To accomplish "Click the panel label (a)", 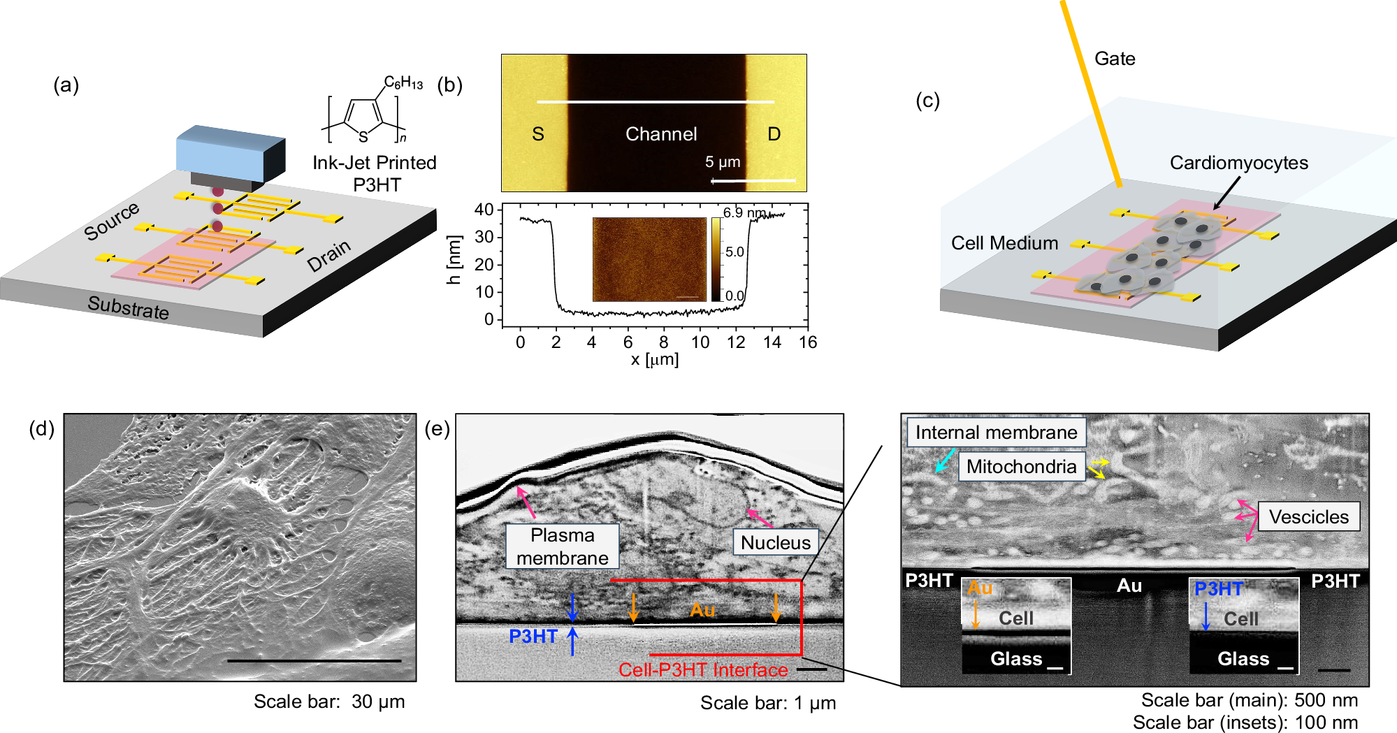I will coord(66,85).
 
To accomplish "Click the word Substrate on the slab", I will coord(129,307).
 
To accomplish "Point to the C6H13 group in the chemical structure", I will coord(403,83).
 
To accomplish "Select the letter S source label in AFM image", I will coord(537,134).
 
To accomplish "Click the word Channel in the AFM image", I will coord(660,134).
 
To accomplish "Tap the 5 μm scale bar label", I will coord(722,162).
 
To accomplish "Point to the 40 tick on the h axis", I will coord(484,210).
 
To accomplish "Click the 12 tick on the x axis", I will coord(736,342).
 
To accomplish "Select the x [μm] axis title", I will coord(654,360).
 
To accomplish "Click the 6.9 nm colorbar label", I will coord(744,212).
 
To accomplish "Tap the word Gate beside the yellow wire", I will coord(1114,59).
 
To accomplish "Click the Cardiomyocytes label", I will coord(1238,163).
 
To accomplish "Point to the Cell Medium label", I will coord(1004,243).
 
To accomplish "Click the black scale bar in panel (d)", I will coord(314,660).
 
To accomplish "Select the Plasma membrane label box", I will coord(562,546).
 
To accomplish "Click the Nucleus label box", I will coord(775,542).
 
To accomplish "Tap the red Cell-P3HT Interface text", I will coord(702,669).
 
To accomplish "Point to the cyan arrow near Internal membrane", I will coord(944,461).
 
